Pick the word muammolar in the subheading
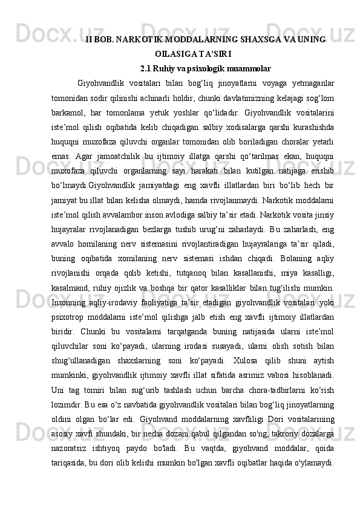pos(250,68)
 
